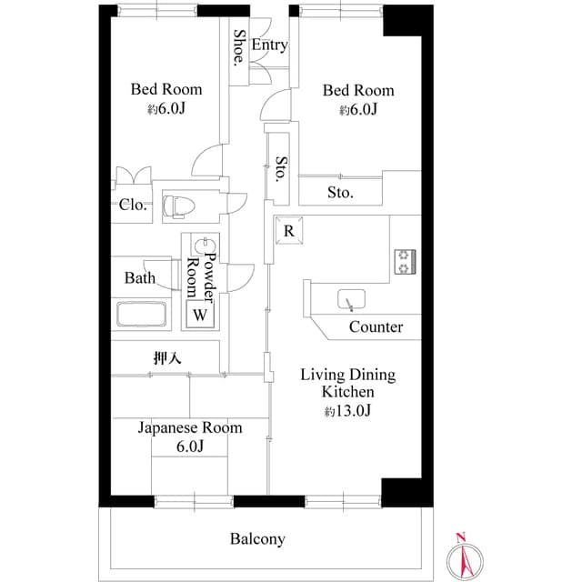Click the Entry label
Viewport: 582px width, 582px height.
270,45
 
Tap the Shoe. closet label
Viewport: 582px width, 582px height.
239,49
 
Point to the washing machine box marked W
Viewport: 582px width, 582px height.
200,316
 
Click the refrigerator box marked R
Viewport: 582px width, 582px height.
288,231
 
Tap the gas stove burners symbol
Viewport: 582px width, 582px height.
403,261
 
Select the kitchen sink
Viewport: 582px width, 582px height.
350,299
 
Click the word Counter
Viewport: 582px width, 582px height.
376,326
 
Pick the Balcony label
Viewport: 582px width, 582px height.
257,539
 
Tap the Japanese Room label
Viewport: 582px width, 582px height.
190,427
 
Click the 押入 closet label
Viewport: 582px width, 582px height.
167,358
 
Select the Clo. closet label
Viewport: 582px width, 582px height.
133,205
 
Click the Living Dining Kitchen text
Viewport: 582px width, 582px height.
348,383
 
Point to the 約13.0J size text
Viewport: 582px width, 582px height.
347,411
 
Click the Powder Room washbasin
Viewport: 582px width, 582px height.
206,246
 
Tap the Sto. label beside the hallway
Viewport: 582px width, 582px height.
281,168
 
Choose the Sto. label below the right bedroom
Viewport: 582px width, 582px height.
340,193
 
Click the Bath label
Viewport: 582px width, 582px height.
139,278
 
